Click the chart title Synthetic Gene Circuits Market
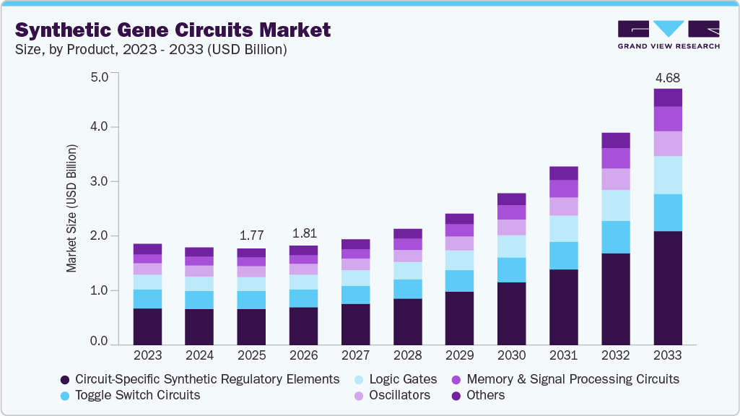tap(173, 30)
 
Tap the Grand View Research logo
tap(668, 35)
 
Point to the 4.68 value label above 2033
tap(668, 78)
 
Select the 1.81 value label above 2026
tap(303, 233)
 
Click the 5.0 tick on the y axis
tap(99, 76)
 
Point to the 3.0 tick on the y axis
tap(99, 181)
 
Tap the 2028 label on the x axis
tap(408, 356)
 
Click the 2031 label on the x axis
tap(564, 356)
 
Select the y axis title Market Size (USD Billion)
tap(71, 207)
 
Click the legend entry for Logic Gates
tap(402, 378)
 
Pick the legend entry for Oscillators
tap(399, 395)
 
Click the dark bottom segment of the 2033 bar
tap(668, 287)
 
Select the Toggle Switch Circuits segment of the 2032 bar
tap(616, 237)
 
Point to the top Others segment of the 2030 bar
tap(512, 199)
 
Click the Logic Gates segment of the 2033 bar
tap(668, 175)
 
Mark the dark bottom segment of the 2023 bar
tap(147, 326)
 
